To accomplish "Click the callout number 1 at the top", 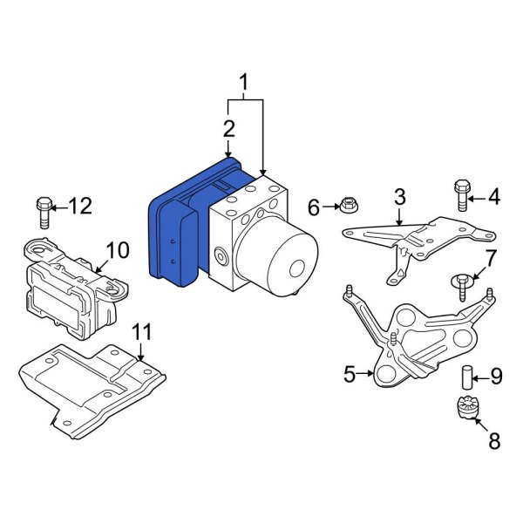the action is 244,83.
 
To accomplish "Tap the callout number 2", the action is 228,129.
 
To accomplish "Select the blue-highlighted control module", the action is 197,221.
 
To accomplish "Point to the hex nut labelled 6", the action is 350,205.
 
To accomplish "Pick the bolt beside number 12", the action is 44,214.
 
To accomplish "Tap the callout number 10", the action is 118,250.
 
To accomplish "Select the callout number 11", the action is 142,332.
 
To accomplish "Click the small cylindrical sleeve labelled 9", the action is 467,377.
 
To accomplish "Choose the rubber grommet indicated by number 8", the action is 465,407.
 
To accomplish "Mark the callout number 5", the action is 350,374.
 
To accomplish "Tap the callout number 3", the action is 399,197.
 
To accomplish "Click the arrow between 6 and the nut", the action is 331,207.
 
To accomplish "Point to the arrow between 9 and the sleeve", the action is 480,378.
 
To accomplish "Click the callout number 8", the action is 494,440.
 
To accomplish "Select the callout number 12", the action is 80,206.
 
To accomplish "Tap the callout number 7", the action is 490,259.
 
